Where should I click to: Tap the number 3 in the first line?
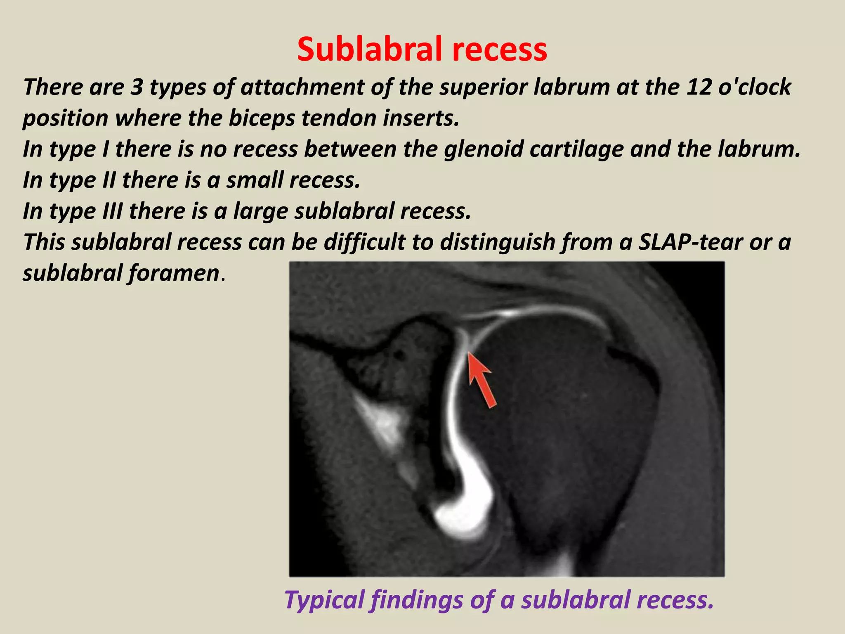[x=137, y=87]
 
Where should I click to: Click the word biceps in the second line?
[x=262, y=118]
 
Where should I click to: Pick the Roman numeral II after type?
[x=109, y=180]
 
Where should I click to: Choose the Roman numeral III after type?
[x=112, y=211]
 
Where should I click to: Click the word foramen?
[x=173, y=273]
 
